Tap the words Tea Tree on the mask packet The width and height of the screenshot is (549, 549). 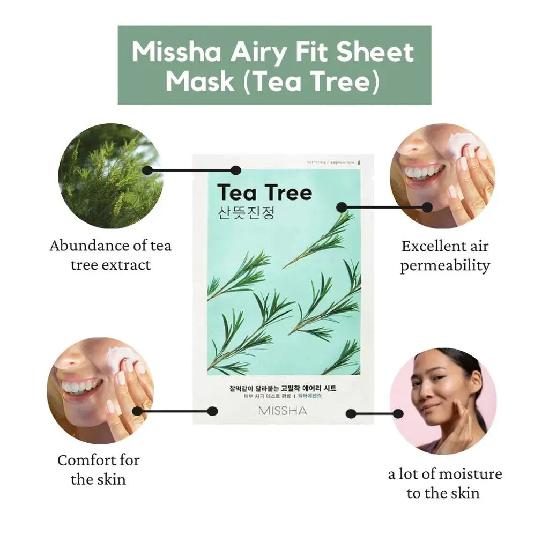(264, 192)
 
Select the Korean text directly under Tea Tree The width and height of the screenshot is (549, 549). (247, 213)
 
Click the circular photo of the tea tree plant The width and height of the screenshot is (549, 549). (110, 176)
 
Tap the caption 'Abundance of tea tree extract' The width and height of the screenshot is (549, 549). (110, 255)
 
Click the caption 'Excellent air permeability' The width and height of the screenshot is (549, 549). (445, 256)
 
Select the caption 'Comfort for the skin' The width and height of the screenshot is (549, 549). (98, 469)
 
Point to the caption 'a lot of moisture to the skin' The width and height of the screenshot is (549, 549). (444, 483)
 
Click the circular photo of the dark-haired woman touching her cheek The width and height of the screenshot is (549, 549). (443, 401)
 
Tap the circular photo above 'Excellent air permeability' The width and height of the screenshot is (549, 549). (442, 176)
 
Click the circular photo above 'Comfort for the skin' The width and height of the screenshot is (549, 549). (100, 390)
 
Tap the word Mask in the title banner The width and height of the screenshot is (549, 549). (200, 81)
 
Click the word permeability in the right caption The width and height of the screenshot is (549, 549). (445, 265)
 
